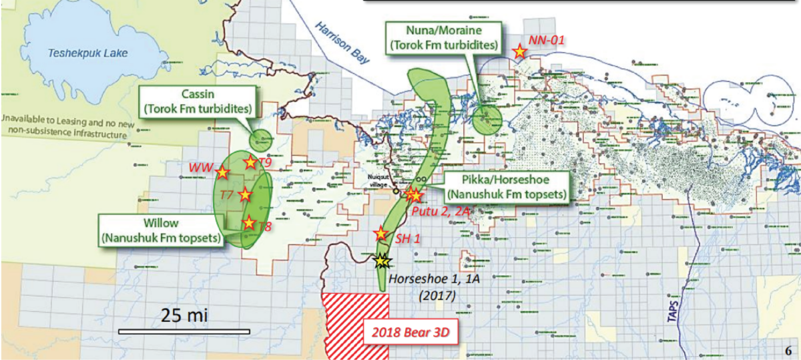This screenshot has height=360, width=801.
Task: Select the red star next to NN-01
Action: [x=519, y=51]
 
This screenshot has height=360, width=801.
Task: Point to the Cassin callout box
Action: [x=197, y=100]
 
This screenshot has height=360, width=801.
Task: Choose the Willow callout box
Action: [x=160, y=230]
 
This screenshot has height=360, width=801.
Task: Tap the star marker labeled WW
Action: [x=222, y=172]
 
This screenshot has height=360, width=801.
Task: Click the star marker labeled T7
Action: [x=245, y=194]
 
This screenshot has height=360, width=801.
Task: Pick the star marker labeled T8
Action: [x=249, y=223]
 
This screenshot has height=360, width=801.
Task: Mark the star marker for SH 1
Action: [x=380, y=233]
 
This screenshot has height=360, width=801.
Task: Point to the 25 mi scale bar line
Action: [x=184, y=331]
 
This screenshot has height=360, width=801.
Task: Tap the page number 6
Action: [x=788, y=349]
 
